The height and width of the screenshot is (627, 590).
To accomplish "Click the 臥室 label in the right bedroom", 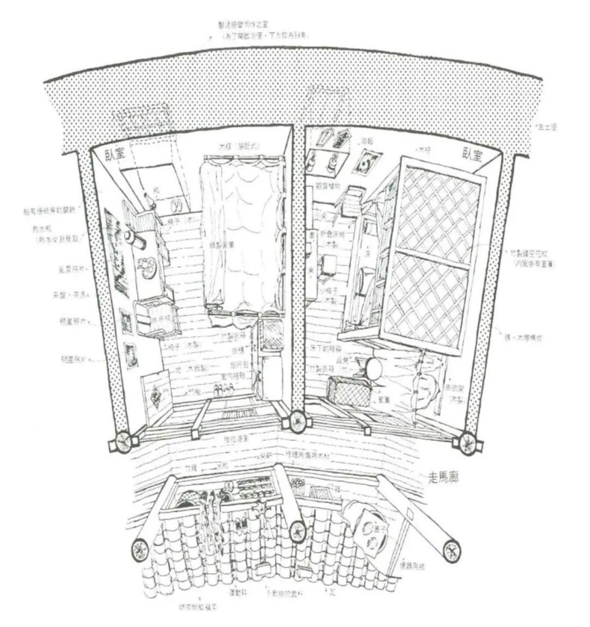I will (472, 155).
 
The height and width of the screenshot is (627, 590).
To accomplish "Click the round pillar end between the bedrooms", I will (297, 421).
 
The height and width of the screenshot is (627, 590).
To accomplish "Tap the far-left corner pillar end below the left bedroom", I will (122, 442).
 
